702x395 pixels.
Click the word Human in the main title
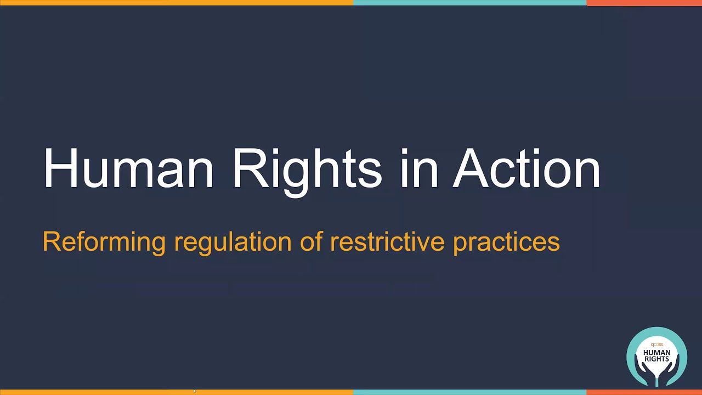[128, 168]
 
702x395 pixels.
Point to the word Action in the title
[526, 168]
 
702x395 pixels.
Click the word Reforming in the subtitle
[104, 241]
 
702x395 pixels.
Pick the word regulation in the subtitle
[233, 241]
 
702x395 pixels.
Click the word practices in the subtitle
[506, 241]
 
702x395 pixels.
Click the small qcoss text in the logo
[656, 345]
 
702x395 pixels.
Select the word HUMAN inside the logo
[656, 352]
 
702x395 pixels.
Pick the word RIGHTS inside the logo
[656, 359]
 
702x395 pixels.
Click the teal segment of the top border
[469, 3]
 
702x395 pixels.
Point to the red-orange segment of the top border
[644, 3]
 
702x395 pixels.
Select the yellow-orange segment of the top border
[176, 3]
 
